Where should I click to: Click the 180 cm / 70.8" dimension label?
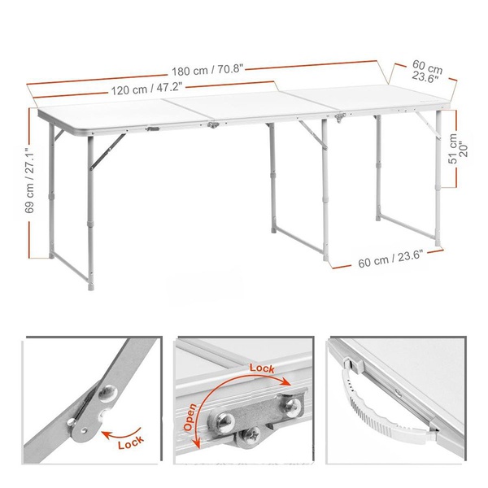click(207, 70)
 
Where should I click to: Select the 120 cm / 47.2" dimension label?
click(146, 89)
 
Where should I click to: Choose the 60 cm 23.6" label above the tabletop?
click(427, 72)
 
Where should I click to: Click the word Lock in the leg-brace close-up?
click(131, 442)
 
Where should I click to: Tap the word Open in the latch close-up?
click(190, 417)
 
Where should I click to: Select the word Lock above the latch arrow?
click(262, 368)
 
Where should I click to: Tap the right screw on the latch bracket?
click(293, 406)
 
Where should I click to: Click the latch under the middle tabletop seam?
click(213, 125)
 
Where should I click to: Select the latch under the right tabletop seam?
click(340, 117)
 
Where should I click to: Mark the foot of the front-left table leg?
click(91, 287)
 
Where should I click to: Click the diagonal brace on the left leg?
click(107, 151)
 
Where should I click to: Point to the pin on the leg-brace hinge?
click(72, 422)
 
